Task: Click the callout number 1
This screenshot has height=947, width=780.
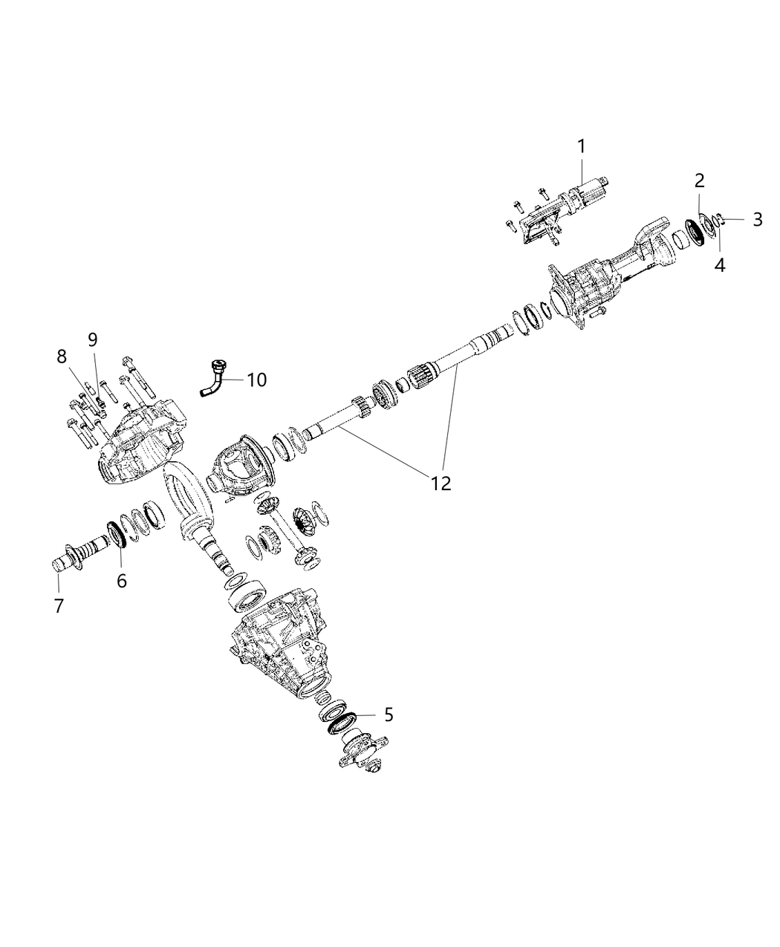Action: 582,146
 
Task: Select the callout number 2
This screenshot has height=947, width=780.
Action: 700,180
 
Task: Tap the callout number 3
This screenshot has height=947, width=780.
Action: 757,219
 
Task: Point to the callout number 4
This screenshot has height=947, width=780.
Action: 719,265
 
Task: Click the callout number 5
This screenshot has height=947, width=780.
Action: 389,715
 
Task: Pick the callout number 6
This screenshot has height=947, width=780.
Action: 121,581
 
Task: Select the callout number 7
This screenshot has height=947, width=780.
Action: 59,606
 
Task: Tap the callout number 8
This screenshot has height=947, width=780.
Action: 62,357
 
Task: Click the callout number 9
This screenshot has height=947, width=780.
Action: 92,339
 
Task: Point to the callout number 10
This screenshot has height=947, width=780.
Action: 256,380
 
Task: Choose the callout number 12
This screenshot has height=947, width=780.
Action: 441,483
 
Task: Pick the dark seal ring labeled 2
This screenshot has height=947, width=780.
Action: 697,229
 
